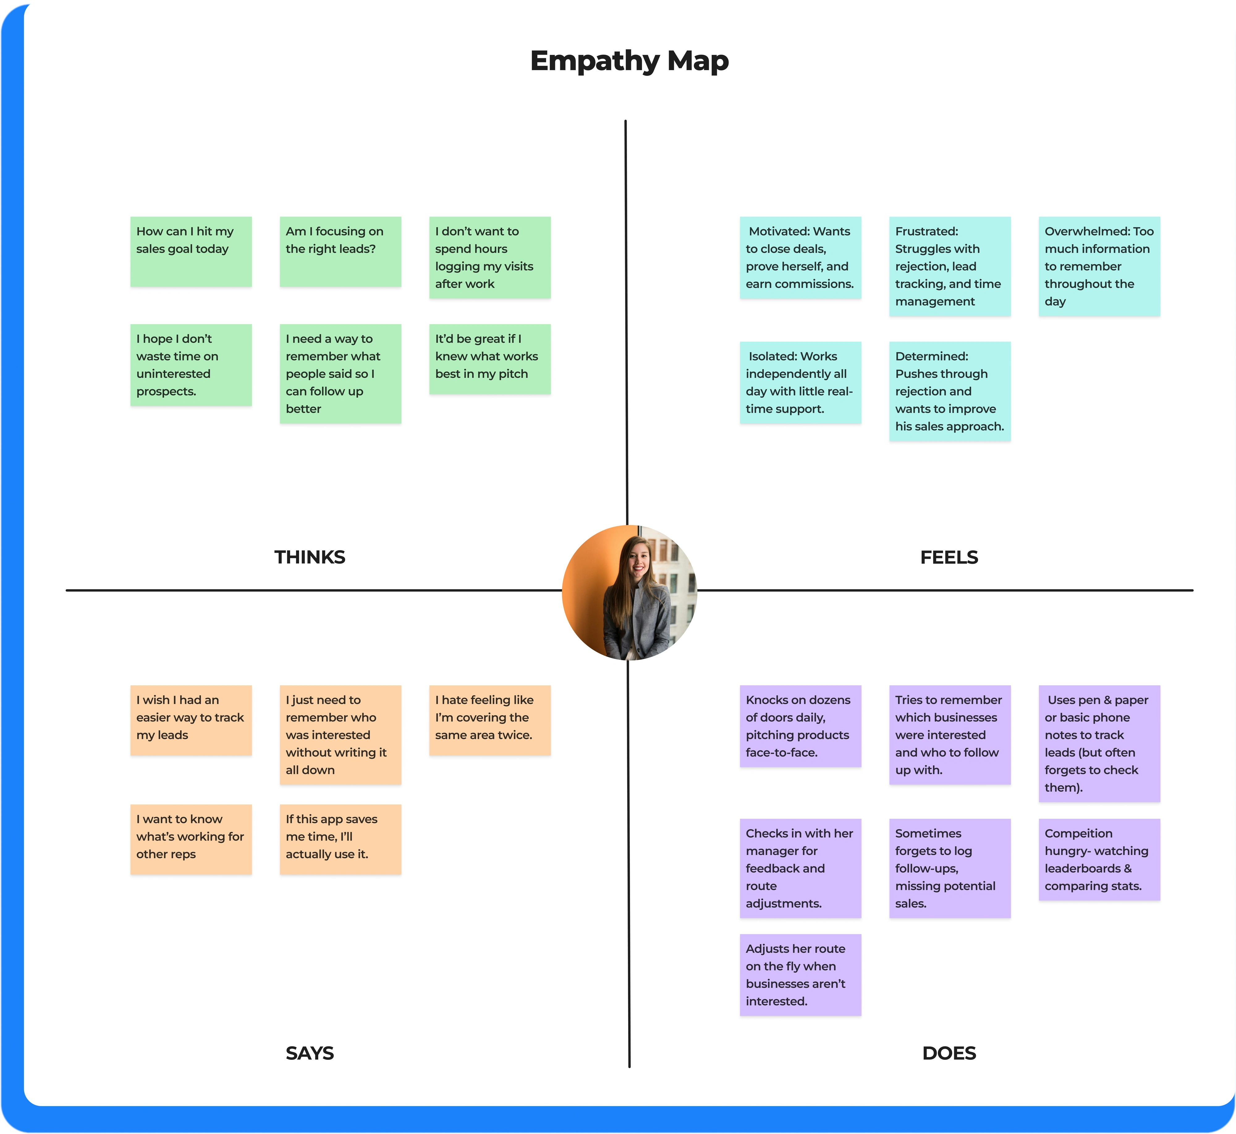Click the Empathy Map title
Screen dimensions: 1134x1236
[629, 61]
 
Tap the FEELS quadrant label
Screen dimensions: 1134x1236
[949, 557]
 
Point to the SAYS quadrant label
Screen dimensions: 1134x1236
[310, 1053]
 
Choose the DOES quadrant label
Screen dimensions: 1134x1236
[949, 1053]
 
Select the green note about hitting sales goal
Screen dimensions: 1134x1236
[191, 252]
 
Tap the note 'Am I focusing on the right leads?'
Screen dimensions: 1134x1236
[341, 252]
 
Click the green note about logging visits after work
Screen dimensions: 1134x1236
[489, 258]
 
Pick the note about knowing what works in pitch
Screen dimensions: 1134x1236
[489, 359]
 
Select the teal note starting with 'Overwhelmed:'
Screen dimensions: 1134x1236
[1099, 266]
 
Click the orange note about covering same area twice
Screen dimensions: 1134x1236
[489, 720]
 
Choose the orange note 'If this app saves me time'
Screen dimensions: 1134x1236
[341, 839]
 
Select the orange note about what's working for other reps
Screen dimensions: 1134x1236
[191, 839]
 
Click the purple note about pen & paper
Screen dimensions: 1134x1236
[1099, 743]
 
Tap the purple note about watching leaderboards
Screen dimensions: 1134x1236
[1099, 859]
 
